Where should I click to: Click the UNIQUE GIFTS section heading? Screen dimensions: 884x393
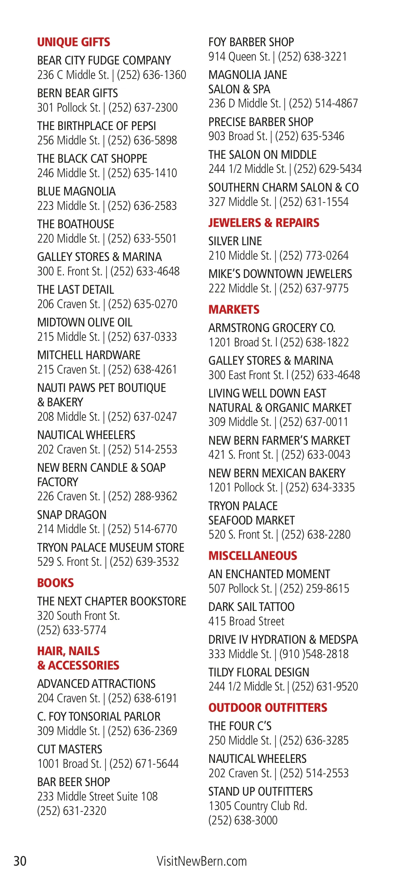(73, 42)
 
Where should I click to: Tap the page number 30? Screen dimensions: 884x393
(20, 861)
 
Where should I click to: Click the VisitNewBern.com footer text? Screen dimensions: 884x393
(201, 861)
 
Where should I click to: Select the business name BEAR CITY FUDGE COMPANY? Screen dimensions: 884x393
(104, 60)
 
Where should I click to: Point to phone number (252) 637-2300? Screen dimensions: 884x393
(143, 108)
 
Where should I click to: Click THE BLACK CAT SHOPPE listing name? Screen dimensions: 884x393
(92, 158)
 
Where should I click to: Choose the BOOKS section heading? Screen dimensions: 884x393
(55, 583)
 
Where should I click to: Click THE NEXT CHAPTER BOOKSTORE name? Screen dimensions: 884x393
(112, 601)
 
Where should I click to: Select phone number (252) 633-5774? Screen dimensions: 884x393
(72, 630)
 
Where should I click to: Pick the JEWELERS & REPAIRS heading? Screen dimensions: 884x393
(264, 223)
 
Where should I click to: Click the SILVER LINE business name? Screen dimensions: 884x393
(235, 241)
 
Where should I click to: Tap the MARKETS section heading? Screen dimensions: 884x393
(234, 309)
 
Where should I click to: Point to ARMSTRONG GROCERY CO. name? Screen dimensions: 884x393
(271, 328)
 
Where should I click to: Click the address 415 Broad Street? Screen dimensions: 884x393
(246, 621)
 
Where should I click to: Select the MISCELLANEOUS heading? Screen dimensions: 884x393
(253, 556)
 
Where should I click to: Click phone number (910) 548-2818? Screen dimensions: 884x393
(314, 654)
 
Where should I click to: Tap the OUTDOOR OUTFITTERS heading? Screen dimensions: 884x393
(268, 708)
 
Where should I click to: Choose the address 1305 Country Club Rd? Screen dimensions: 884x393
(257, 806)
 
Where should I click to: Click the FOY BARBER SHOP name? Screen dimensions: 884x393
(251, 42)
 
